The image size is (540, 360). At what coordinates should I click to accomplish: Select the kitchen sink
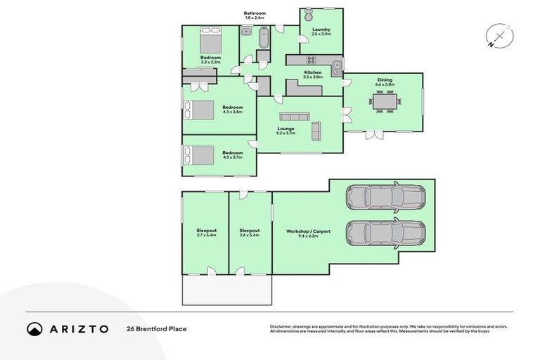coord(337,67)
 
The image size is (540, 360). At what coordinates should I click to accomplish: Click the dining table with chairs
coord(385,102)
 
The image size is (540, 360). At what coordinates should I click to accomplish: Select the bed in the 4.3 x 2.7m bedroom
coord(198,154)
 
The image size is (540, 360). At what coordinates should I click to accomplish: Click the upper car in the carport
coord(385,198)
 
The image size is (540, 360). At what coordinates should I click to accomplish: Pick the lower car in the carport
coord(385,233)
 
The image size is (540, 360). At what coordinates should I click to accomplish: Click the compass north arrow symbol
coord(499,37)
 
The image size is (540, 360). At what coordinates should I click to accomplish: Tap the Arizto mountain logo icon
coord(35,328)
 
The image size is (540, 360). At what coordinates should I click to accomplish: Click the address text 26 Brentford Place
coord(156,328)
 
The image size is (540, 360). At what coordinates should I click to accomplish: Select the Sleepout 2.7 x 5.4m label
coord(206,233)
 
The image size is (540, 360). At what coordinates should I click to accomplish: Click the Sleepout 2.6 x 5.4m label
coord(250,233)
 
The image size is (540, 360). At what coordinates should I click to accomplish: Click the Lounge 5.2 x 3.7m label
coord(285,131)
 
